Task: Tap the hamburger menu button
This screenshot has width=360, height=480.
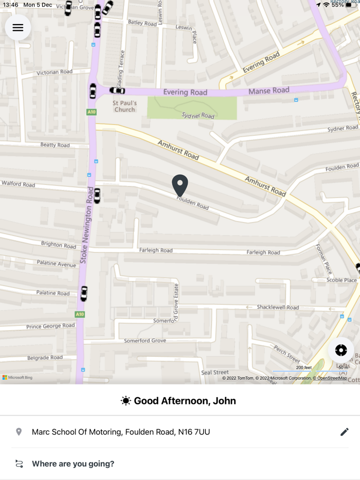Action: point(18,28)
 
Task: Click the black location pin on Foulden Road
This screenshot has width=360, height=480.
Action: point(180,185)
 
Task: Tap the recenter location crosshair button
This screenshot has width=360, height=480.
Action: point(341,350)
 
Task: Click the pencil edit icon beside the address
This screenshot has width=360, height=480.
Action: point(345,432)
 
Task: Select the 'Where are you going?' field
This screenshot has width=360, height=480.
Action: point(73,464)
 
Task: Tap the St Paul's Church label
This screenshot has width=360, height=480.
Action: point(124,106)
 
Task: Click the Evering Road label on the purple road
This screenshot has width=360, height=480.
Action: point(185,93)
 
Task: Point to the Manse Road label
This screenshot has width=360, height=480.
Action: point(269,90)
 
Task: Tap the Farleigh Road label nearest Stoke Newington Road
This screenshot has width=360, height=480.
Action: point(156,250)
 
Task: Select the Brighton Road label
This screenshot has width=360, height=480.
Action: point(59,245)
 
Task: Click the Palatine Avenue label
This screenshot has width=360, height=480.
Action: point(56,264)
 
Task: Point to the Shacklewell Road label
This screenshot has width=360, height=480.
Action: point(278,307)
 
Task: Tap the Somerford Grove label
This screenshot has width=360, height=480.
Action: point(145,340)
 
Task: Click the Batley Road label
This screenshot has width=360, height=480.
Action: point(142,23)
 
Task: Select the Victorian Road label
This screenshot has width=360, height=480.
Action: point(55,72)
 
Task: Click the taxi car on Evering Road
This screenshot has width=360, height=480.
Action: point(117,91)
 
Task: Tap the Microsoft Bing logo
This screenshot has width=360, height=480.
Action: point(17,378)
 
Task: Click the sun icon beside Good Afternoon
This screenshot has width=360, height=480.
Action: point(125,401)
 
